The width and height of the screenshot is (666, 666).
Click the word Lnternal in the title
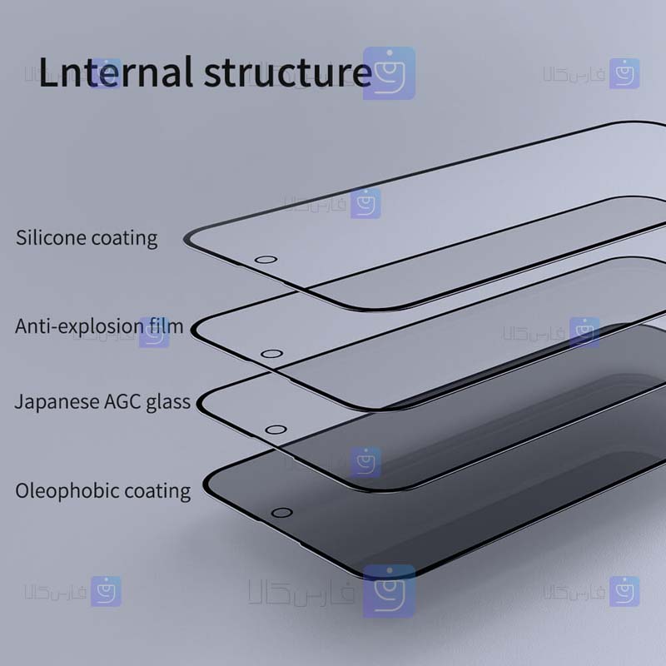coord(116,72)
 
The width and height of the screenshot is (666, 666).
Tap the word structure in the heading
coord(288,72)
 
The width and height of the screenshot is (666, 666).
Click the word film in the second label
coord(166,326)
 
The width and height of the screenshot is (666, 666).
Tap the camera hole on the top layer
coord(266,260)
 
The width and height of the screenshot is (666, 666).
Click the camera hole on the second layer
coord(272,354)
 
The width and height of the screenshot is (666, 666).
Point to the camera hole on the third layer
coord(276,430)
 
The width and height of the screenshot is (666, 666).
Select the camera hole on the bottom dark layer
coord(281,513)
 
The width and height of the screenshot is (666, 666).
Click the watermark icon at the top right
coord(624,73)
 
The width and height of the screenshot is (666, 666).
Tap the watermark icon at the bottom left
coord(106,591)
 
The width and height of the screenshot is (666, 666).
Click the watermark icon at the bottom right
coord(624,591)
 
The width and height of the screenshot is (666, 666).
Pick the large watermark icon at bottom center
coord(389,591)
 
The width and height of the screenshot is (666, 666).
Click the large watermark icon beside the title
coord(389,73)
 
